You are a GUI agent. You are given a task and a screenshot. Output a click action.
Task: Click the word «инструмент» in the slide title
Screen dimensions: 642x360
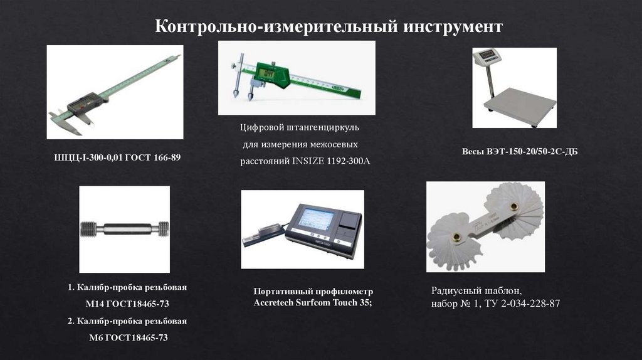[x=453, y=26]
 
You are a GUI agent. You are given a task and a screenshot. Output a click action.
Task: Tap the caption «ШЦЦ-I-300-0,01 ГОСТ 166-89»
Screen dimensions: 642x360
[x=117, y=157]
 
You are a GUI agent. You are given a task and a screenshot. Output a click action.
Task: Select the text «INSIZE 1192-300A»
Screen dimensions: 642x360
[x=331, y=161]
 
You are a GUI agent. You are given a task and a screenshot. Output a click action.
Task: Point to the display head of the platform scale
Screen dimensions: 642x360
[x=487, y=56]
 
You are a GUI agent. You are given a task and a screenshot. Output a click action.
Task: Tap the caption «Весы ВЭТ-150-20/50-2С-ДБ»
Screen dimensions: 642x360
[x=520, y=152]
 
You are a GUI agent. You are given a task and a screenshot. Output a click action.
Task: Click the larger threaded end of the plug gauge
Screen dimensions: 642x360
[x=88, y=230]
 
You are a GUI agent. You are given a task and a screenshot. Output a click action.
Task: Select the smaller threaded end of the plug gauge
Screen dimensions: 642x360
[x=164, y=230]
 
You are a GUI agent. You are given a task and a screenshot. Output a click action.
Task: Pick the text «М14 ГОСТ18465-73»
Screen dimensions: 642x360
[x=127, y=304]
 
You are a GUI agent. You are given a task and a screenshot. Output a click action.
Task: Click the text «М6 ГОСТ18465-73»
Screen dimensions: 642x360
[x=128, y=338]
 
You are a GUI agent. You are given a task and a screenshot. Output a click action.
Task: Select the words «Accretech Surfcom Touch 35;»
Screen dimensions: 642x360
[x=313, y=303]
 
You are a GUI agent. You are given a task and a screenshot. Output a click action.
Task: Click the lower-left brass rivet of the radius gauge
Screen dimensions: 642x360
[x=456, y=237]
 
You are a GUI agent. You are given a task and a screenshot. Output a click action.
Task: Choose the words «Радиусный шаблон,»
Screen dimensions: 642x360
[x=476, y=291]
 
